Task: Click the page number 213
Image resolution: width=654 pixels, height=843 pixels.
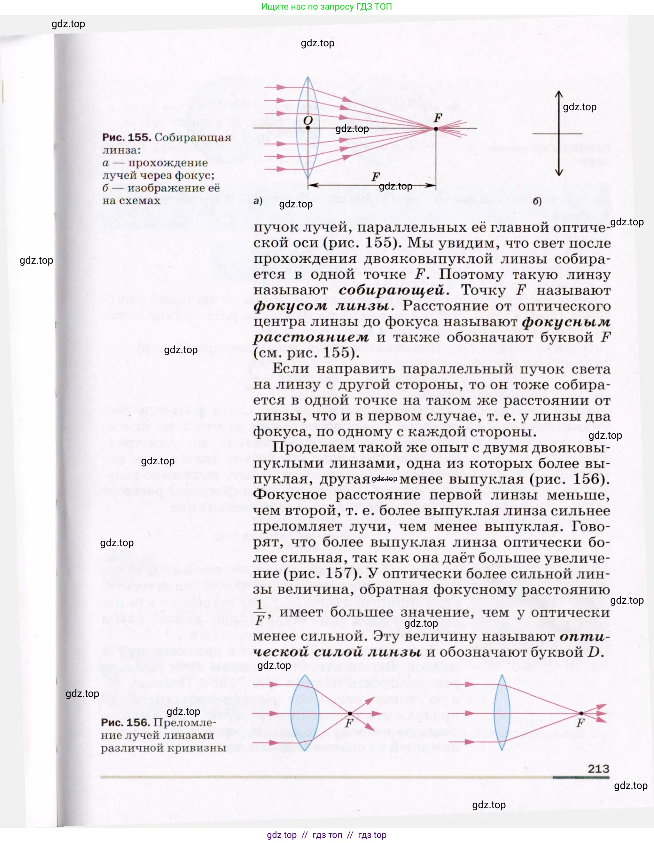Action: point(598,769)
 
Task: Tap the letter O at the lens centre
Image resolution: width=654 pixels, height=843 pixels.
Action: point(308,120)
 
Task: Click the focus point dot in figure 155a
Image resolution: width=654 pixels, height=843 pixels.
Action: point(436,128)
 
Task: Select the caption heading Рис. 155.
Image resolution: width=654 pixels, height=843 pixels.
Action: point(126,137)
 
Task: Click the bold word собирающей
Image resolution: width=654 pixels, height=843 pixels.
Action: point(393,290)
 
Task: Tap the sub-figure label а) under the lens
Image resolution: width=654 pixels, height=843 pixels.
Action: point(258,201)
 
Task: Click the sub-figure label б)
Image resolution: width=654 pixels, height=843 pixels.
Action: point(537,201)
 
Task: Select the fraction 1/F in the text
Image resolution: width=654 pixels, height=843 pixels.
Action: point(260,612)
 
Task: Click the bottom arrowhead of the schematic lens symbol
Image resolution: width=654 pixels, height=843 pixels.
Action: point(559,173)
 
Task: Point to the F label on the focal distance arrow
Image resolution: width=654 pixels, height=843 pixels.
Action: point(376,177)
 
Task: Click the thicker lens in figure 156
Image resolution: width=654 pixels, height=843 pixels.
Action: point(305,713)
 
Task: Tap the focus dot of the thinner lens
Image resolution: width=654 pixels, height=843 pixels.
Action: point(581,713)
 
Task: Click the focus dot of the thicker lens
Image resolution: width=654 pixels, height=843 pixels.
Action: point(350,714)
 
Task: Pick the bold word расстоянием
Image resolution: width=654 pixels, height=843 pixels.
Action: point(311,337)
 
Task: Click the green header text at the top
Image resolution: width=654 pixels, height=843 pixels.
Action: point(326,7)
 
